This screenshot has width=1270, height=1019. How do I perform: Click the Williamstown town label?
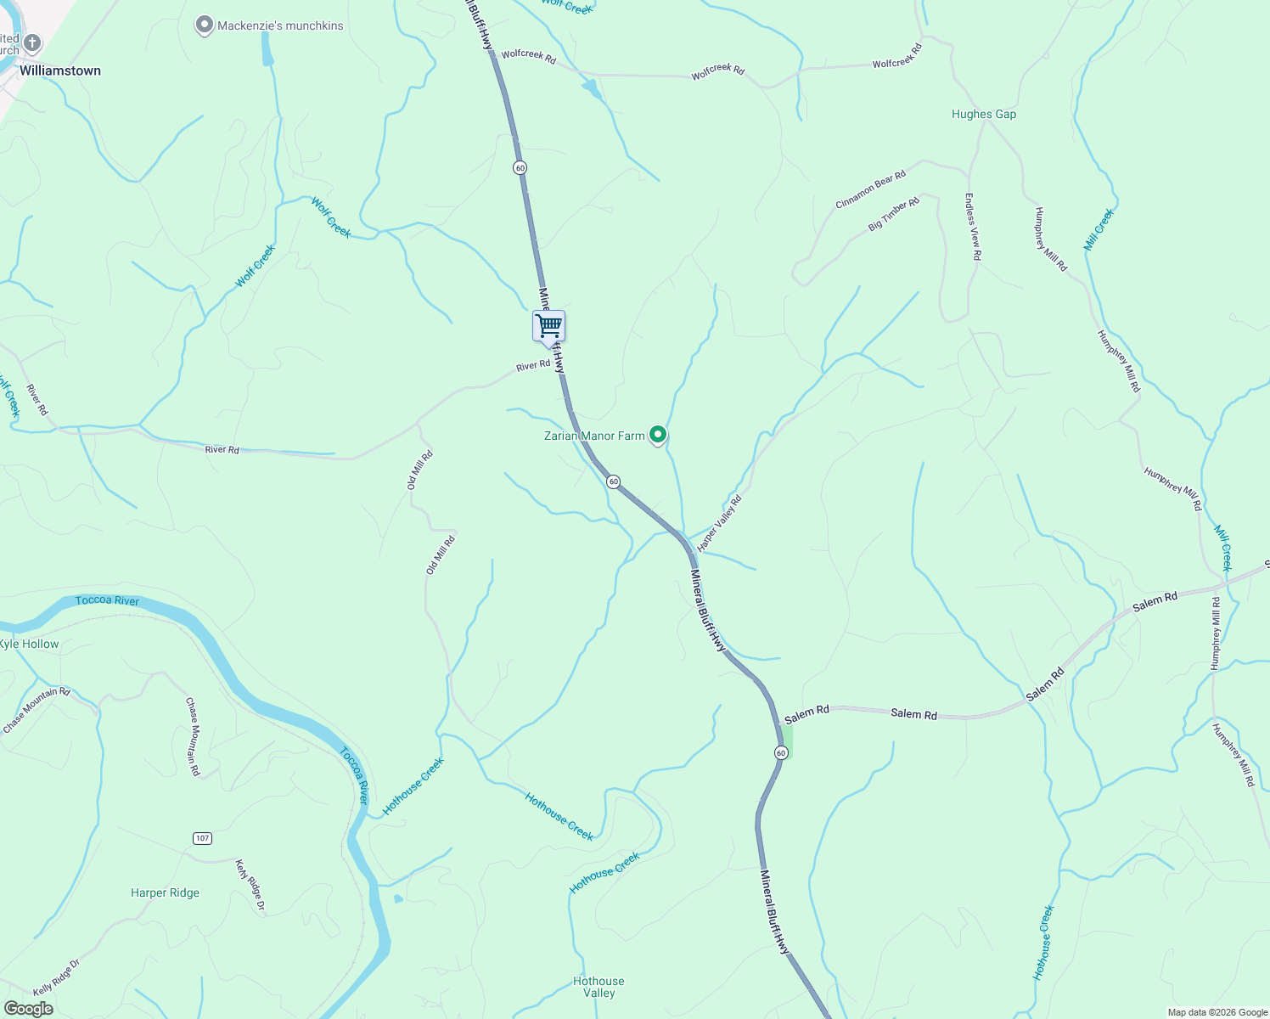[x=60, y=70]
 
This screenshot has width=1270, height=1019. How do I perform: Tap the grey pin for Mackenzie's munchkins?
[x=204, y=25]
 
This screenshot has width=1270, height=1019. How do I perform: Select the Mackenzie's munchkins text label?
[x=280, y=25]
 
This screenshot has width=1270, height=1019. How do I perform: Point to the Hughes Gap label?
[x=984, y=114]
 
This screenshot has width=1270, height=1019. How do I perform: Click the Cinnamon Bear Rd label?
[x=871, y=189]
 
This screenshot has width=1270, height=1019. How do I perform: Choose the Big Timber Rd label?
[x=894, y=215]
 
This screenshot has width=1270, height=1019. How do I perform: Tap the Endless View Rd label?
[x=973, y=226]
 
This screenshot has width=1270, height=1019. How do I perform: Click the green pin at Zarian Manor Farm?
[x=658, y=435]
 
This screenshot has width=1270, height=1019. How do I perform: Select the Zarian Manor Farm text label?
[x=594, y=436]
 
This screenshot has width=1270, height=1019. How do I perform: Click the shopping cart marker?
[x=548, y=325]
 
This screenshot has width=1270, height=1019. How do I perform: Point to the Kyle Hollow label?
[x=30, y=644]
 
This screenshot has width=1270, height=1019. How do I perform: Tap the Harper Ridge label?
[x=166, y=892]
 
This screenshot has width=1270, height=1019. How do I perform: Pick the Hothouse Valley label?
[x=598, y=987]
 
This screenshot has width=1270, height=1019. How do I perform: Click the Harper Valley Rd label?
[x=719, y=523]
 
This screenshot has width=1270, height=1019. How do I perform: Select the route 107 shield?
[x=201, y=838]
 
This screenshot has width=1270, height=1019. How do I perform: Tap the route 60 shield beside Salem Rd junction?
[x=780, y=752]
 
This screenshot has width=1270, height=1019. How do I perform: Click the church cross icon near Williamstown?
[x=32, y=43]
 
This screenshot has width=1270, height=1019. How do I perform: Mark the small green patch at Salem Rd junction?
[x=788, y=740]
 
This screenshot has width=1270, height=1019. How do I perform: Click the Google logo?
[x=28, y=1009]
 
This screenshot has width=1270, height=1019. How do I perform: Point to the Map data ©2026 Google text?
[x=1217, y=1012]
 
